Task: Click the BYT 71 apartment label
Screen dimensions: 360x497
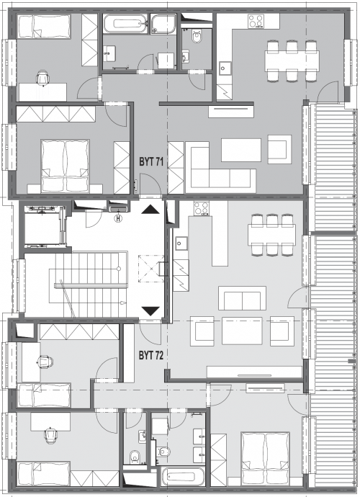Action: pos(151,161)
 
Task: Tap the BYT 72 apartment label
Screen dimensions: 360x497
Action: pos(151,355)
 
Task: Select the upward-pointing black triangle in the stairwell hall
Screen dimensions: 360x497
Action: pos(150,209)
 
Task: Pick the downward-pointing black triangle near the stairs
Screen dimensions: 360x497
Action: pos(150,311)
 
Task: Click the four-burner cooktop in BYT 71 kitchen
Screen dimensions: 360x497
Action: pos(256,22)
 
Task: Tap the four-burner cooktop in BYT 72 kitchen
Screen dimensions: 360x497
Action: pos(201,208)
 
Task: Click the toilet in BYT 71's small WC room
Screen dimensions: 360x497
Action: pos(197,36)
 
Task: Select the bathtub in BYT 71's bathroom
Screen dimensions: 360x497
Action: pos(125,24)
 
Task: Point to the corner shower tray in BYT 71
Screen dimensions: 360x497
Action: pos(163,24)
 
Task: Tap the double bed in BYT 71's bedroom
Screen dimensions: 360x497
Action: pos(65,166)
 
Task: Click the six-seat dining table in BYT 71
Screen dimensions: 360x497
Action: pos(292,61)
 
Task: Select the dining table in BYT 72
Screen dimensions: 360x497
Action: pos(272,235)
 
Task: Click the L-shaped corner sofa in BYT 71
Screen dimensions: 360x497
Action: pos(220,167)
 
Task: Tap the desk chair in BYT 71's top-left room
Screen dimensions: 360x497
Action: pos(43,78)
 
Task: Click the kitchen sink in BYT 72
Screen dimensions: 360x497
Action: pos(181,243)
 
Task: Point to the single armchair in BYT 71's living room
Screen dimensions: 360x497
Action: pos(279,149)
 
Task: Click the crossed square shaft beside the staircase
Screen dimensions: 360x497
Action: pos(151,269)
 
